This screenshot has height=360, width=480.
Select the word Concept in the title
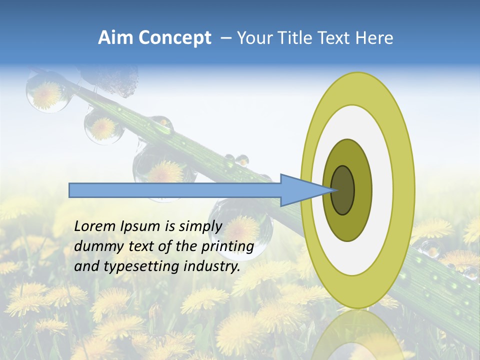[175, 38]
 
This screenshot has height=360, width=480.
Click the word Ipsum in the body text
[140, 226]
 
